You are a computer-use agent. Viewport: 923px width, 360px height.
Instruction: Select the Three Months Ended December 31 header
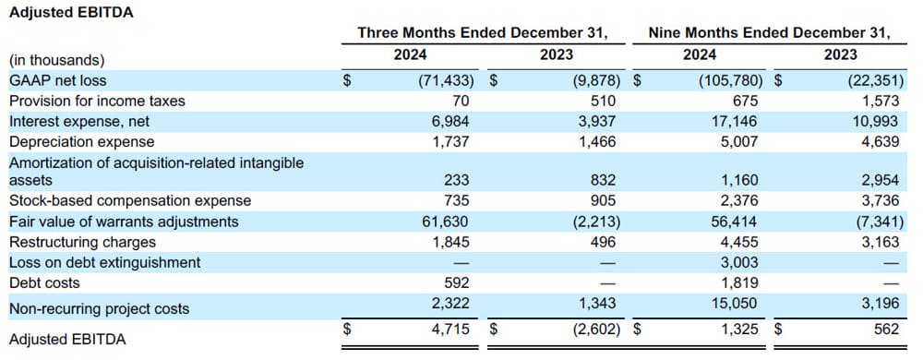coord(483,34)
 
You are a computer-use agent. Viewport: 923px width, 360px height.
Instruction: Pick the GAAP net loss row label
coord(58,80)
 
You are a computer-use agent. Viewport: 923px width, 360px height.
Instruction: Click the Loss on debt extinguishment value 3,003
coord(737,262)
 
